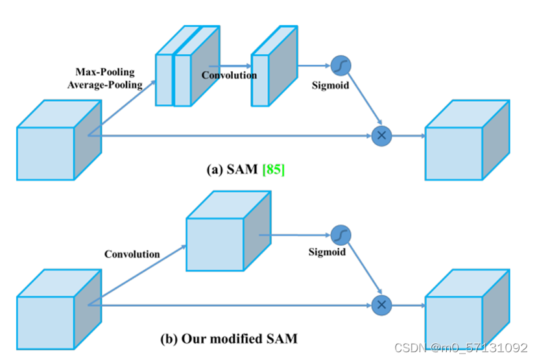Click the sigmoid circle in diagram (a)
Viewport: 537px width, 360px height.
click(x=340, y=66)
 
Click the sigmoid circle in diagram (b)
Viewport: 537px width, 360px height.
click(x=340, y=235)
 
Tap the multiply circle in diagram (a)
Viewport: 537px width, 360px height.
click(x=381, y=136)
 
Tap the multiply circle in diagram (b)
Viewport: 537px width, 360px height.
click(x=381, y=304)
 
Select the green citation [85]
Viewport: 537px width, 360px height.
click(x=273, y=170)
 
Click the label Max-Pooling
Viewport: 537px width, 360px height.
click(x=106, y=71)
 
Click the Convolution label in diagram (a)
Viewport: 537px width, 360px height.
click(x=229, y=75)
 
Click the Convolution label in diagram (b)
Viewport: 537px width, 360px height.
click(x=132, y=254)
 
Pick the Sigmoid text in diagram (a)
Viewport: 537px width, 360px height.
click(x=330, y=85)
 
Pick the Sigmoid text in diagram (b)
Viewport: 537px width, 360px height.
click(x=327, y=252)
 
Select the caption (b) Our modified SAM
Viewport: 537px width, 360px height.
click(x=229, y=339)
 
